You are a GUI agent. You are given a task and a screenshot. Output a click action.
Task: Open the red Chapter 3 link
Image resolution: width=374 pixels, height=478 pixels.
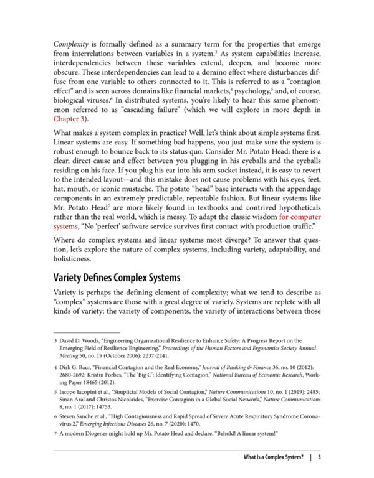tap(72, 118)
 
